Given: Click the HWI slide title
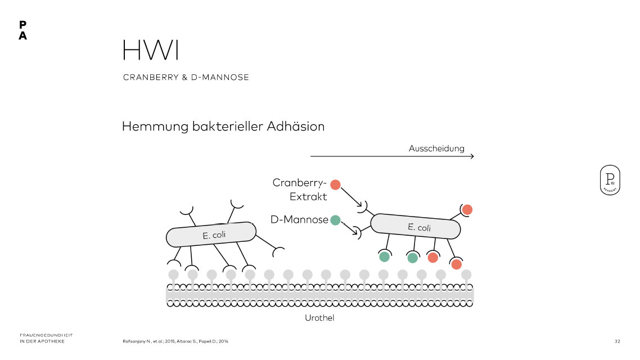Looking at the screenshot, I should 151,51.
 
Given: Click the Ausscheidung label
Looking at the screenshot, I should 436,148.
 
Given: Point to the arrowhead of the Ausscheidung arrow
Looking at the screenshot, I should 472,156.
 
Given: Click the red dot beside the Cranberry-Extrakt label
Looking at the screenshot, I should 336,184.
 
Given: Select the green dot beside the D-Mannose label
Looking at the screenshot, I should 336,220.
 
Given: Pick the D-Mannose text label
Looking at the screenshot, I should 299,220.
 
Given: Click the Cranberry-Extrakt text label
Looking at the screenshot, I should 300,190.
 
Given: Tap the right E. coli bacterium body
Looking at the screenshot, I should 415,227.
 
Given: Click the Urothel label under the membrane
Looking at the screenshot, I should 319,318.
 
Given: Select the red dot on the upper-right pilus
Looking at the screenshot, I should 467,209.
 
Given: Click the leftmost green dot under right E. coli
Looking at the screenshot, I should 384,257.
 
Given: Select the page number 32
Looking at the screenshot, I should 617,341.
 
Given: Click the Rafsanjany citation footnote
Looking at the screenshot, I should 175,341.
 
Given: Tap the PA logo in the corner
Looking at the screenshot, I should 22,30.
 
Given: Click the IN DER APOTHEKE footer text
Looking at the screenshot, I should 42,341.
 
